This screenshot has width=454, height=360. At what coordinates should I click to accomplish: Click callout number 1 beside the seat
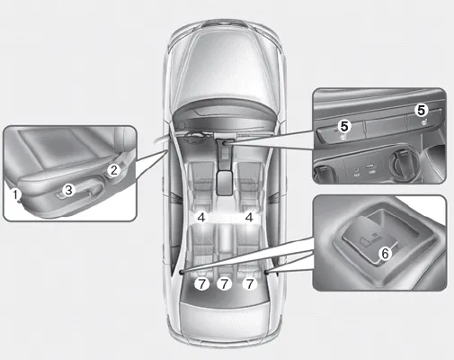click(15, 194)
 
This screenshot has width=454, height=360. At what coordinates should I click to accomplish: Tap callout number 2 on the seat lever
click(113, 168)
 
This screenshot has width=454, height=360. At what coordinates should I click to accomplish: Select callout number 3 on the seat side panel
click(68, 190)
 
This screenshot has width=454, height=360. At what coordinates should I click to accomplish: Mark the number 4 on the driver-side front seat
click(201, 217)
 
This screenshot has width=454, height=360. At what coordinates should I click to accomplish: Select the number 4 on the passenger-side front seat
click(249, 217)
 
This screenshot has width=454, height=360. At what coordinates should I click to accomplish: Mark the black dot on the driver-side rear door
click(182, 268)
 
